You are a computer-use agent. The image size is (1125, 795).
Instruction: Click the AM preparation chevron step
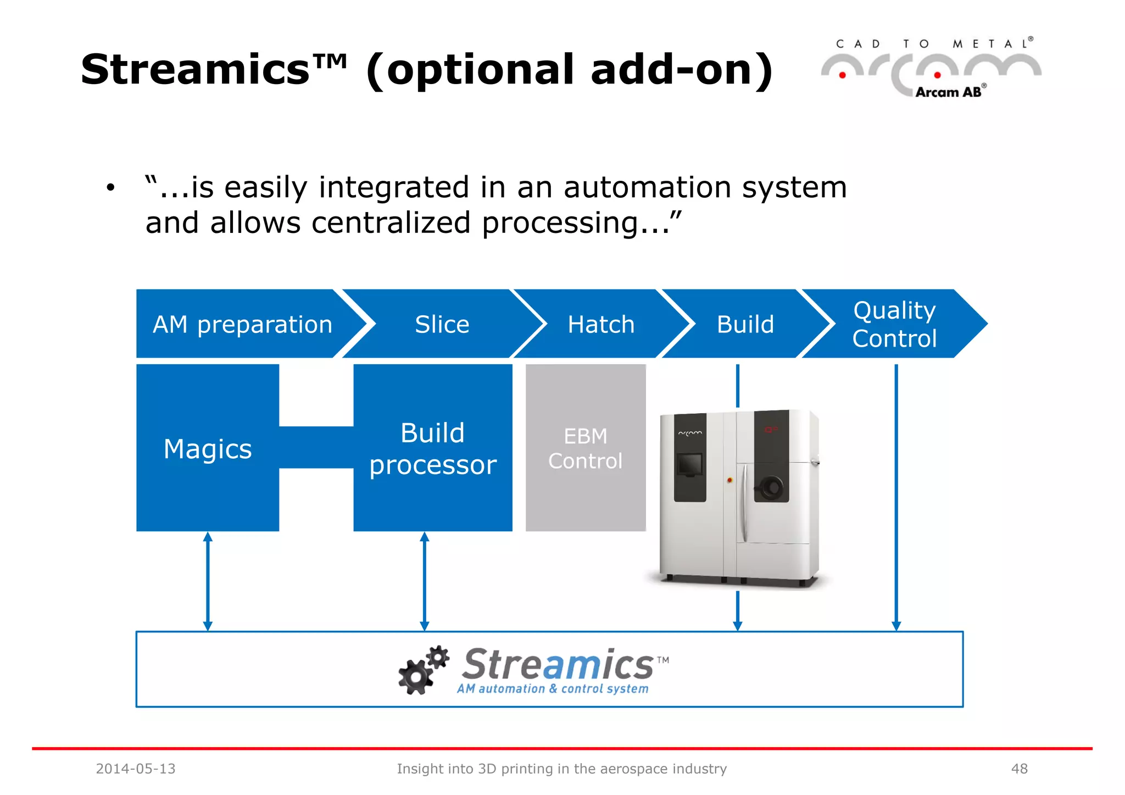[x=242, y=324]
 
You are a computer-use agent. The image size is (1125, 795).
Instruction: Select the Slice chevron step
[x=442, y=324]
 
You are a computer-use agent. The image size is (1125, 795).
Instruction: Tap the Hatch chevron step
[x=601, y=324]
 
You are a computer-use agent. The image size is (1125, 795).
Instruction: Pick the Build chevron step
[x=745, y=324]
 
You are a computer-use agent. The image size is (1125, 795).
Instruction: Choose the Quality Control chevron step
[x=894, y=324]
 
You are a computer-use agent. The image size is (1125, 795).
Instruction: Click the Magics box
[x=208, y=448]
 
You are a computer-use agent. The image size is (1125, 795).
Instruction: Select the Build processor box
[x=433, y=448]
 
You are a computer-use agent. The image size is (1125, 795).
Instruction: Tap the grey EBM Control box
[x=586, y=448]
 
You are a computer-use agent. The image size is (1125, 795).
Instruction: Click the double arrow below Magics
[x=208, y=581]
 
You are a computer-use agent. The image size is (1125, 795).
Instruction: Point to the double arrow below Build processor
[x=425, y=581]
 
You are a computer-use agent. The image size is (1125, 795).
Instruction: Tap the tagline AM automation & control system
[x=553, y=689]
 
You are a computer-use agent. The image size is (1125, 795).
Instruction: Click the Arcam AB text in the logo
[x=949, y=92]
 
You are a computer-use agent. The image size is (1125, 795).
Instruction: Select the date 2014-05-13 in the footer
[x=136, y=769]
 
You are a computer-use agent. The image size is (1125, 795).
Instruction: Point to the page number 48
[x=1019, y=769]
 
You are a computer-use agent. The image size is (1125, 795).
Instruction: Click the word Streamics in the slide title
[x=196, y=70]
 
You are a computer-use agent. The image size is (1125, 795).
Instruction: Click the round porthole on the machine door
[x=771, y=486]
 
